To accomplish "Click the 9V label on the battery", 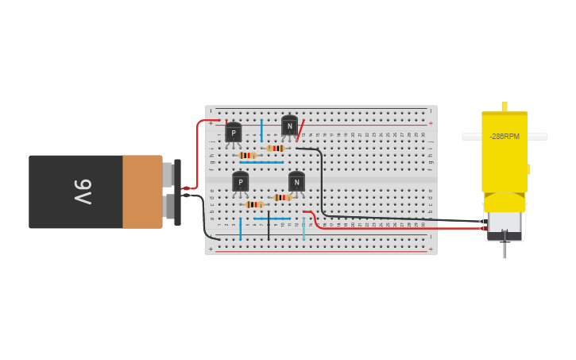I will pyautogui.click(x=82, y=192).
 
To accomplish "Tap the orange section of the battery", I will pyautogui.click(x=142, y=192).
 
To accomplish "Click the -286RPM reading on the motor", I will pyautogui.click(x=504, y=137).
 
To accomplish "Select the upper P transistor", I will pyautogui.click(x=233, y=132).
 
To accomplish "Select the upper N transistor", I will pyautogui.click(x=290, y=126).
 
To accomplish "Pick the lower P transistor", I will pyautogui.click(x=240, y=182).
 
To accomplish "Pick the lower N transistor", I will pyautogui.click(x=296, y=182).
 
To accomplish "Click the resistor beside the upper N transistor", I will pyautogui.click(x=276, y=148).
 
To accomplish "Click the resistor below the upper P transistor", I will pyautogui.click(x=247, y=155).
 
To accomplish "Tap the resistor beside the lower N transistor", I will pyautogui.click(x=282, y=197).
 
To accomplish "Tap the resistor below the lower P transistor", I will pyautogui.click(x=254, y=204).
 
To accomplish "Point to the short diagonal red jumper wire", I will pyautogui.click(x=300, y=130).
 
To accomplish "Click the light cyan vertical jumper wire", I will pyautogui.click(x=303, y=226).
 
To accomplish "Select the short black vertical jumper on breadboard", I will pyautogui.click(x=269, y=226).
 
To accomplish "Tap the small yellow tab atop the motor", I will pyautogui.click(x=504, y=106).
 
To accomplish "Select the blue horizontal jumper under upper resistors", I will pyautogui.click(x=261, y=162).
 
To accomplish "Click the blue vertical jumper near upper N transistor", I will pyautogui.click(x=261, y=130).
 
